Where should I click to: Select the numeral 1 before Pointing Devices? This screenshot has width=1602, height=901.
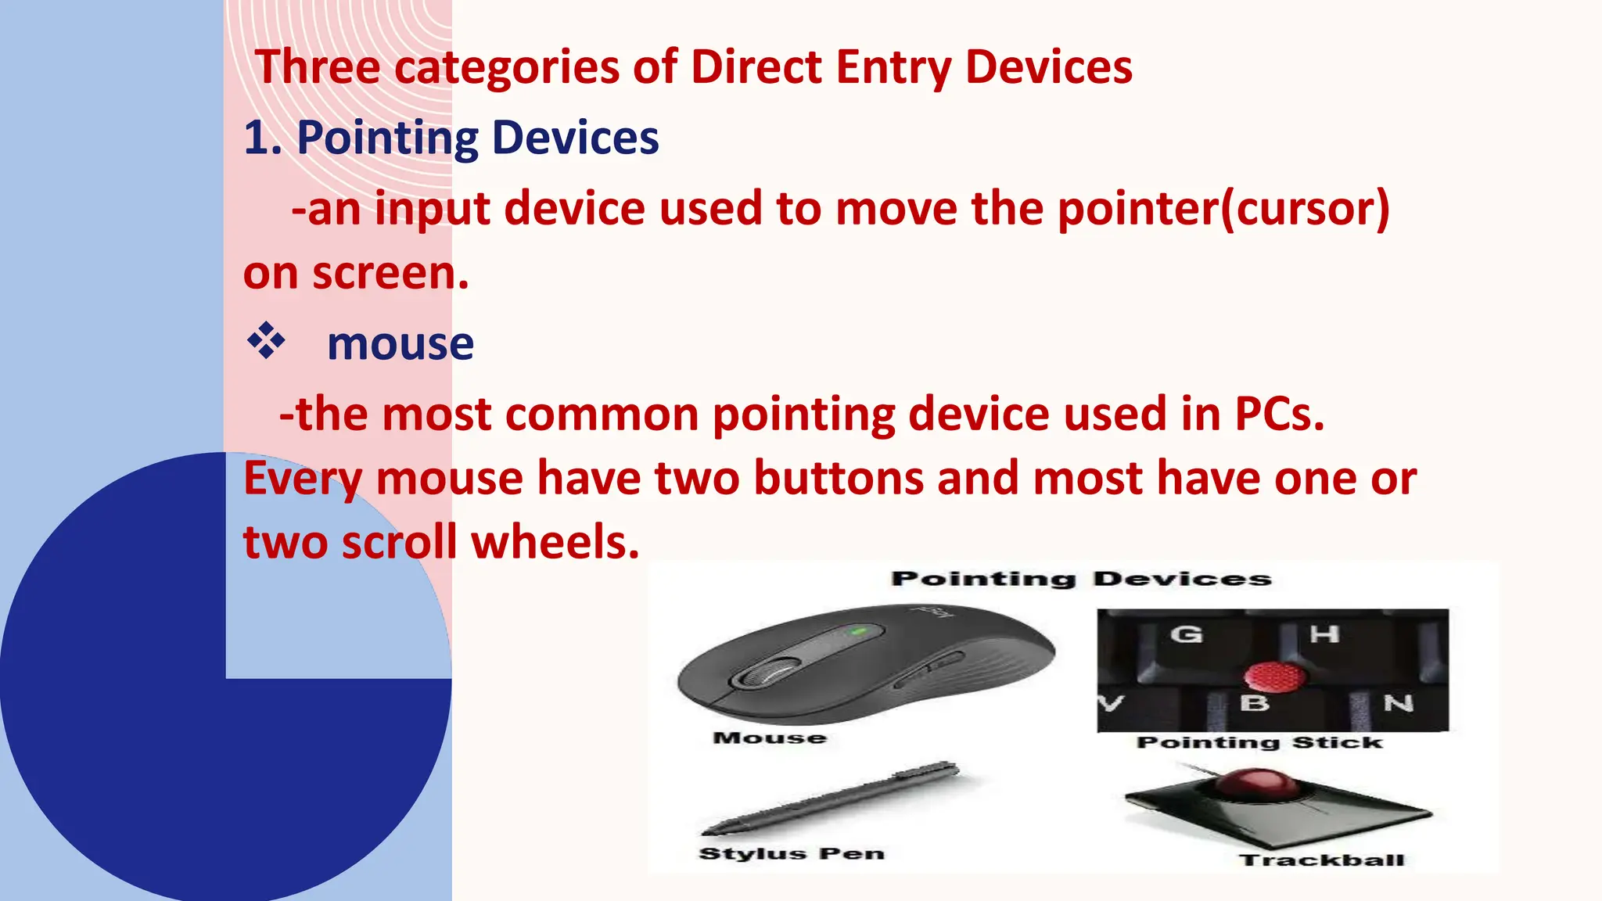click(x=257, y=138)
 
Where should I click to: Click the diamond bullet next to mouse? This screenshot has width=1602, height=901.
click(x=266, y=341)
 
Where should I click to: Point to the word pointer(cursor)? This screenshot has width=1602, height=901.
click(x=1223, y=210)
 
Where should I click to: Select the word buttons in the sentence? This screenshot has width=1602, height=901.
click(x=839, y=479)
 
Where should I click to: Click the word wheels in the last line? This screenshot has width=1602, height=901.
click(x=554, y=543)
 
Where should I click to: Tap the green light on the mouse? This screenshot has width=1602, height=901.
click(x=858, y=630)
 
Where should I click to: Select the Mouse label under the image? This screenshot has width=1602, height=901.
click(x=770, y=738)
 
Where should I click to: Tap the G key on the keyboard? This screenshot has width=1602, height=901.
click(x=1186, y=634)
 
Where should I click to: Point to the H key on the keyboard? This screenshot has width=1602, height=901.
click(x=1324, y=634)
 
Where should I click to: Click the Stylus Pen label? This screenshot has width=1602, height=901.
click(x=791, y=853)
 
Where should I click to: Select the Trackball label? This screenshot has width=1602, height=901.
click(x=1322, y=860)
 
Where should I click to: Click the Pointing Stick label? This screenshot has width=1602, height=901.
click(x=1259, y=742)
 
